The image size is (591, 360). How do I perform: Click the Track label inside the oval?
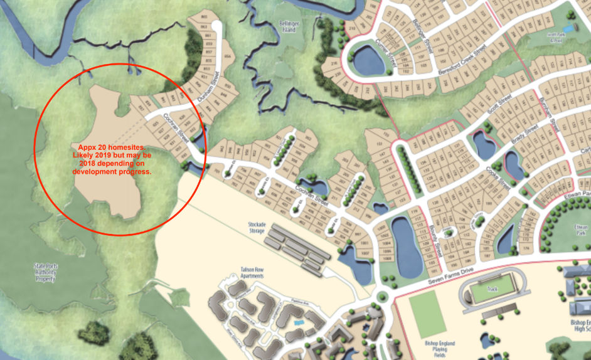491,290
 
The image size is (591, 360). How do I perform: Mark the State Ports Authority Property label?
46,270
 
